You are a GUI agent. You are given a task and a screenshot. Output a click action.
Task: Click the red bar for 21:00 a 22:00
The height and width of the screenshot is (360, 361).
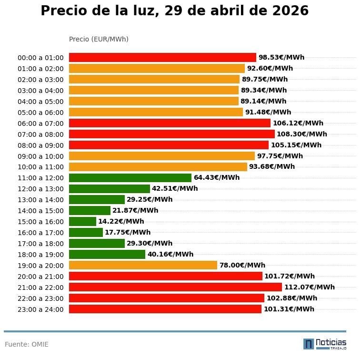pos(175,287)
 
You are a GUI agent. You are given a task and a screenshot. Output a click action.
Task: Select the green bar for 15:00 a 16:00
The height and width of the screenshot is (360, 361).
pos(82,221)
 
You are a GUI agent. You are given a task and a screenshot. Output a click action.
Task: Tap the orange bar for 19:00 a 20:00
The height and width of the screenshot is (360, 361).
pos(143,265)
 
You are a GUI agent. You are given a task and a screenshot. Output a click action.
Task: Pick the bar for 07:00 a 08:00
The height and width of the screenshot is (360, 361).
pos(171,134)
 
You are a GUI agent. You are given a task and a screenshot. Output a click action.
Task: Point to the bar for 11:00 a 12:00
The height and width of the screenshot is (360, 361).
pos(130,178)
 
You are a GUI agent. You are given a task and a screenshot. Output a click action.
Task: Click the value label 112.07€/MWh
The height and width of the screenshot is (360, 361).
pos(309,287)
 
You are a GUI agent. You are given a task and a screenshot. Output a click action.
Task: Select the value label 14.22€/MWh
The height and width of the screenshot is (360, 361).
pos(121,221)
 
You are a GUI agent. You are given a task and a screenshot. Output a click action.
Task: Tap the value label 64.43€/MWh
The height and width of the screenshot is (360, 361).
pos(216,178)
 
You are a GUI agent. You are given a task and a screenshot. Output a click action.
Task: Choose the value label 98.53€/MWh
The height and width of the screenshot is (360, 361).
pos(281,58)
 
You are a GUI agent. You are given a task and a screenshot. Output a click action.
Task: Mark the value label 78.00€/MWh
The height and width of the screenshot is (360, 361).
pos(242,265)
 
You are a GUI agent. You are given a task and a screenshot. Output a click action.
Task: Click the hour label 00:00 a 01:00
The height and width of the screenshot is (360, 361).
pos(40,58)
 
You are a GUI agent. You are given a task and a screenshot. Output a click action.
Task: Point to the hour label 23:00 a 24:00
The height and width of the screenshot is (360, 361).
pos(40,309)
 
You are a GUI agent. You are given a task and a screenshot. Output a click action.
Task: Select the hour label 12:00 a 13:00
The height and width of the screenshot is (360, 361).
pos(40,189)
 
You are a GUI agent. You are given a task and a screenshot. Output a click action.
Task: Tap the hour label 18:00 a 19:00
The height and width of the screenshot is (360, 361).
pos(40,255)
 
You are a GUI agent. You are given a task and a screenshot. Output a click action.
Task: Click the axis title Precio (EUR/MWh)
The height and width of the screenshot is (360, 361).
pos(99,39)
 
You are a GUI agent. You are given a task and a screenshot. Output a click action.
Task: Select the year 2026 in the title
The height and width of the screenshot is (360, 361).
pos(290,11)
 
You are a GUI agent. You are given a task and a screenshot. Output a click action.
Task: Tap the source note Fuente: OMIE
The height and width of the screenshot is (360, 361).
pos(27,344)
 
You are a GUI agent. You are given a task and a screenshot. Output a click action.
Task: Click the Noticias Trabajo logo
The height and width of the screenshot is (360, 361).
pos(325,344)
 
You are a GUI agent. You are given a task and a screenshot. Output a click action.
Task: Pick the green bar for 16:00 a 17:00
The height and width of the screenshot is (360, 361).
pos(86,232)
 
